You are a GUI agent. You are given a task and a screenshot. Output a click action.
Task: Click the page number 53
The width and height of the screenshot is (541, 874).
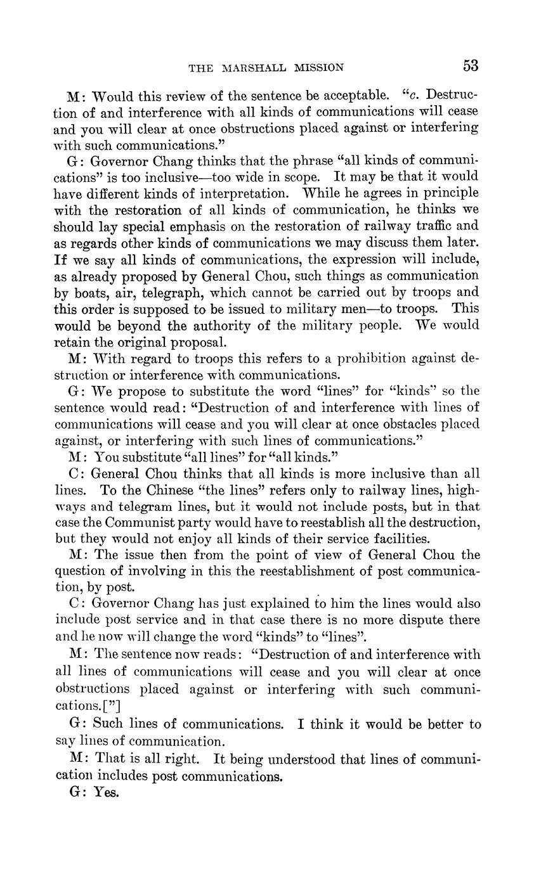click(470, 66)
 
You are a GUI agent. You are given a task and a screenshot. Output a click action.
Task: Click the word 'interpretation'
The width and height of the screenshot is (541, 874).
click(254, 193)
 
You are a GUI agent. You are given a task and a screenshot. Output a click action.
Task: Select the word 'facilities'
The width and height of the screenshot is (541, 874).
click(393, 539)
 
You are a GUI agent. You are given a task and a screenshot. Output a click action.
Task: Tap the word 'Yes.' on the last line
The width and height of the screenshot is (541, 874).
click(107, 792)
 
